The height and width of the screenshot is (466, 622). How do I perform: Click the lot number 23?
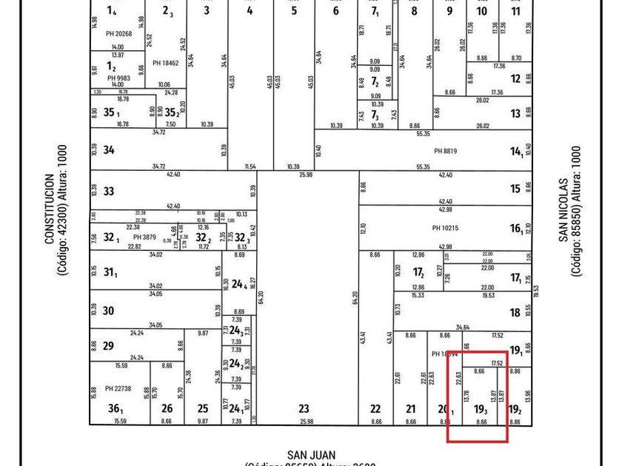coord(304,408)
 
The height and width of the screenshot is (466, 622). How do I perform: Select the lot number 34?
coord(109,150)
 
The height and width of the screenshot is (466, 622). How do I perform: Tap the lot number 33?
coord(109,192)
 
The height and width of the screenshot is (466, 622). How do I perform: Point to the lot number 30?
coord(108,311)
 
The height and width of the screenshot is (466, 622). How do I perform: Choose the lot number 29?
coord(108,346)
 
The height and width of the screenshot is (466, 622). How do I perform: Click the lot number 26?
coord(167,408)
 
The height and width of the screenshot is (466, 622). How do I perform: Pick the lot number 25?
coord(203,408)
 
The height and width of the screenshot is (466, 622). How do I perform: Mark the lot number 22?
coord(375,408)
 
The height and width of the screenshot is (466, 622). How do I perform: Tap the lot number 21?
coord(411,408)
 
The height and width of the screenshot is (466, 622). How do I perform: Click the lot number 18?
coord(515,313)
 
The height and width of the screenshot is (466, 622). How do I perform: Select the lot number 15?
coord(515,189)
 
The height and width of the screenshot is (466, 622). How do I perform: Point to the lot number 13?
coord(515,114)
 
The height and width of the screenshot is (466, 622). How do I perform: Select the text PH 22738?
coord(118,388)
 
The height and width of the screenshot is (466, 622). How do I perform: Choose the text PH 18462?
coord(167,63)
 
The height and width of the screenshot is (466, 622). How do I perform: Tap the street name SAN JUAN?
coord(311,455)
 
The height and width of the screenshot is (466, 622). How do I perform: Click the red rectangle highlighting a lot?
coord(478,396)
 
